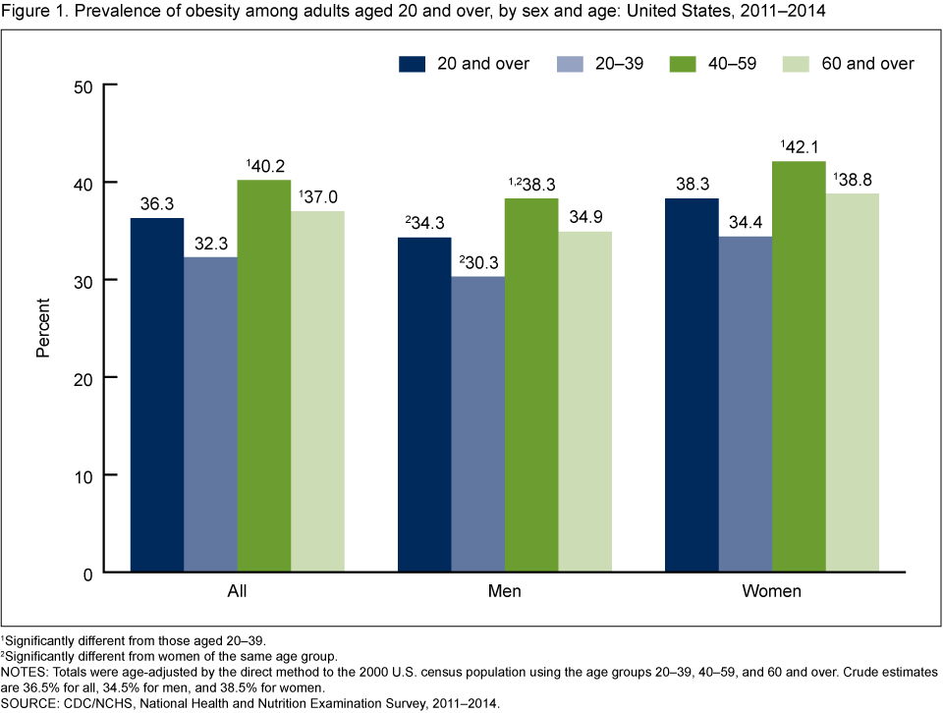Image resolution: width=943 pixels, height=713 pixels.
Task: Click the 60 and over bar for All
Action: [316, 392]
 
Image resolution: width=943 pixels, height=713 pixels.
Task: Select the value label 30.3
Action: [480, 262]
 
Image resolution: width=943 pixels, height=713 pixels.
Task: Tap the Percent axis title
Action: [43, 328]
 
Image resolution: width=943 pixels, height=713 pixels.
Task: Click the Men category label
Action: [505, 592]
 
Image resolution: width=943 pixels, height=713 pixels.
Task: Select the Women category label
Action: [772, 592]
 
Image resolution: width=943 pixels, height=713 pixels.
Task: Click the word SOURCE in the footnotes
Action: [30, 703]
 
